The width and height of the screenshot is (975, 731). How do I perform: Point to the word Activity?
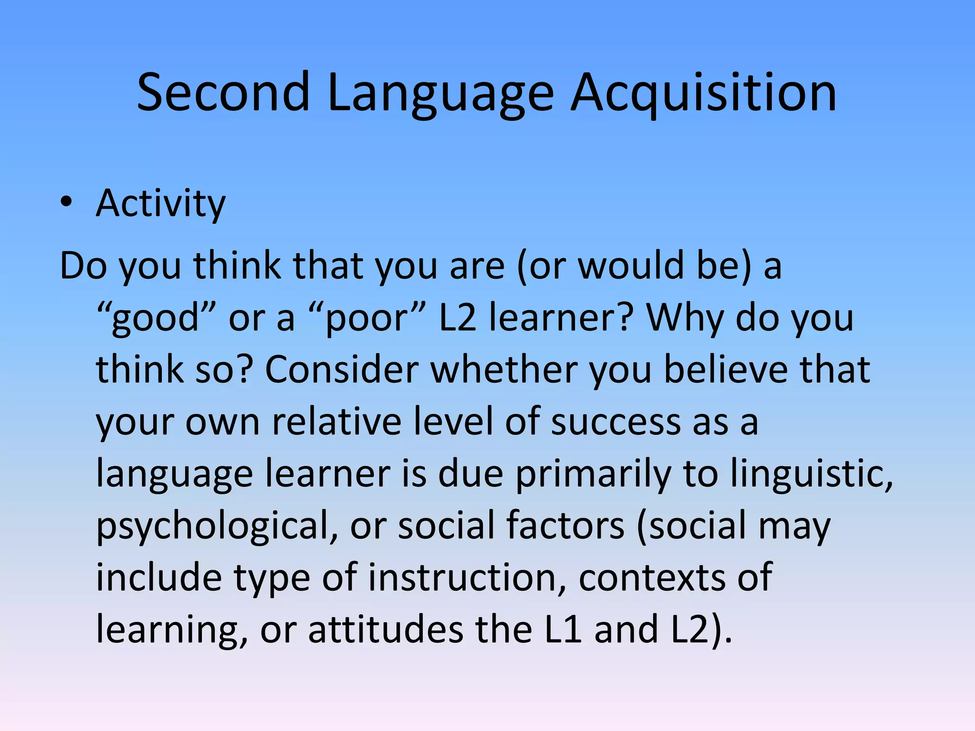(x=160, y=203)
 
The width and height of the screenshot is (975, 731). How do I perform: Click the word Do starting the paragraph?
(x=83, y=266)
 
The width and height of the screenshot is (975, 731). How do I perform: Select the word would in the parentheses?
(x=631, y=266)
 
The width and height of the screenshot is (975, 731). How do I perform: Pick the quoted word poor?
(x=367, y=317)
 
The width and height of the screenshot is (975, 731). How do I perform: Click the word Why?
(x=685, y=317)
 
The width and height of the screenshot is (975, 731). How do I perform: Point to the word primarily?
(x=593, y=474)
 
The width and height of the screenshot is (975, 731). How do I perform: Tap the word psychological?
(x=217, y=526)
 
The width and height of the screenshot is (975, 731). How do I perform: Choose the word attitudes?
(x=386, y=629)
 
